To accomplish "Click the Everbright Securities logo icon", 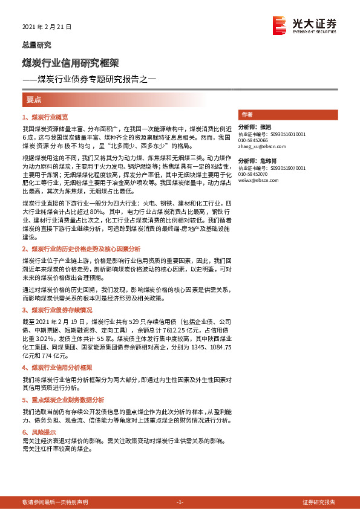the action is click(x=280, y=24).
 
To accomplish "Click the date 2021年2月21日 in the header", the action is click(x=47, y=27).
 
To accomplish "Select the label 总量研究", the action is click(x=36, y=45).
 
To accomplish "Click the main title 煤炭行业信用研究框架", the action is click(x=70, y=62).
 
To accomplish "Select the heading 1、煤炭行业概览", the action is click(x=45, y=117).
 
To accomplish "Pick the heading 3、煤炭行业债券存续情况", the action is click(x=57, y=310).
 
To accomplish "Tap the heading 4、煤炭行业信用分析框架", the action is click(x=57, y=367).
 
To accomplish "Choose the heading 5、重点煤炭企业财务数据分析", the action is click(x=63, y=400).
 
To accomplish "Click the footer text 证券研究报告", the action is click(x=319, y=502).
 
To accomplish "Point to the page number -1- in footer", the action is click(x=180, y=502).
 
